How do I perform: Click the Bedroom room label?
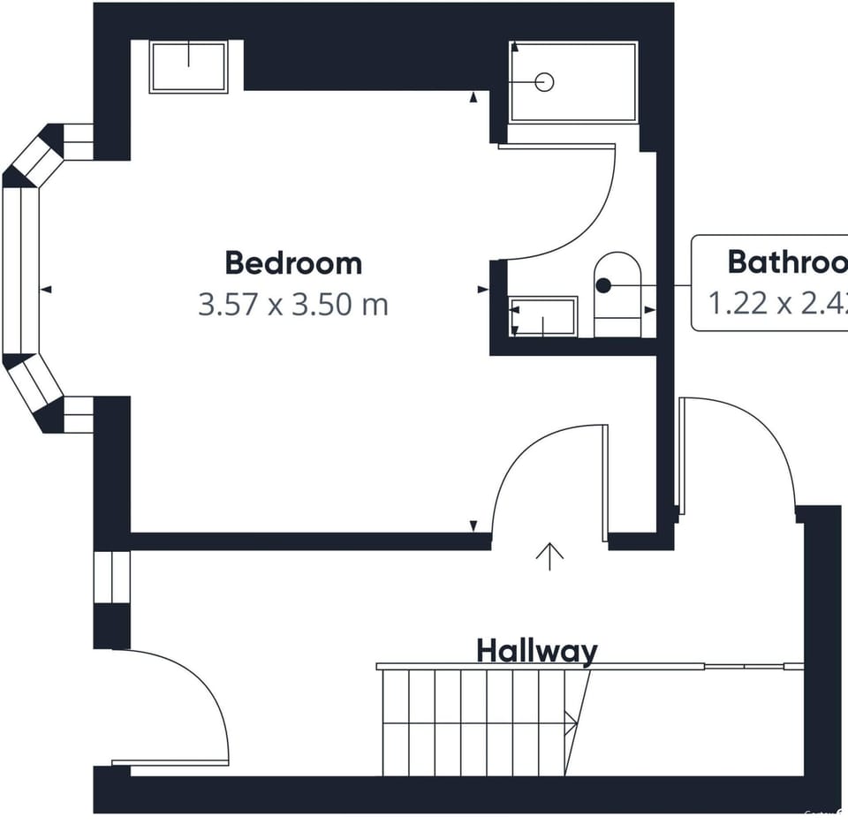(x=293, y=263)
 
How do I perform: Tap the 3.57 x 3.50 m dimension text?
(x=293, y=306)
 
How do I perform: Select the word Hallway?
(x=537, y=652)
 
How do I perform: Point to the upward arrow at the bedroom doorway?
(x=549, y=556)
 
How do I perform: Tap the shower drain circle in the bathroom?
(x=545, y=82)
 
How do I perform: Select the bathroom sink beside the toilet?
(x=543, y=316)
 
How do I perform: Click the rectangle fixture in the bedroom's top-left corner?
(x=188, y=66)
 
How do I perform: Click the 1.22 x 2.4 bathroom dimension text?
(x=777, y=304)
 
